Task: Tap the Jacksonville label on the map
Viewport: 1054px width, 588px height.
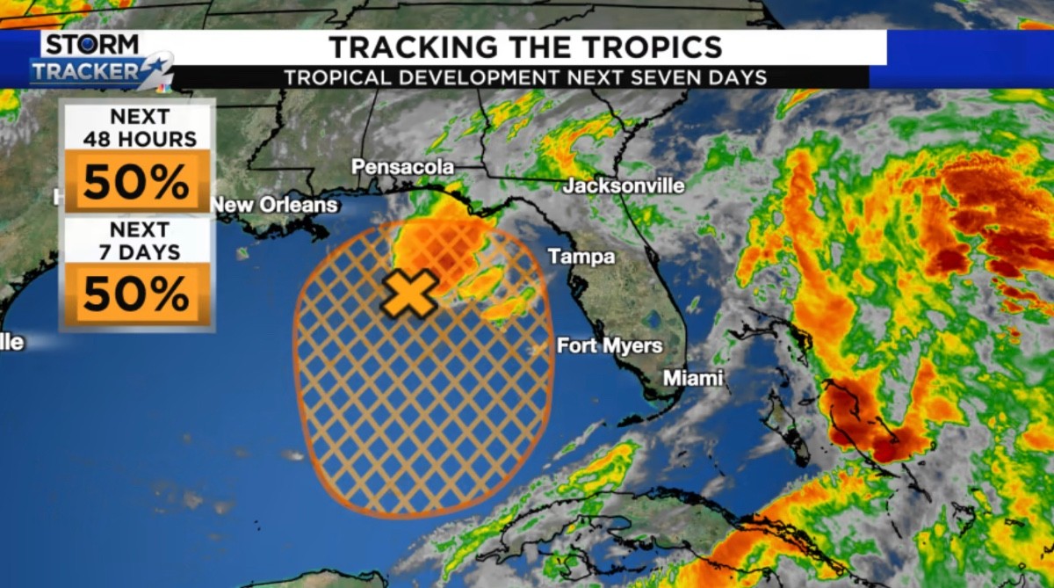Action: click(x=624, y=186)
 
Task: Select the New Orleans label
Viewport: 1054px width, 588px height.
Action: click(x=274, y=205)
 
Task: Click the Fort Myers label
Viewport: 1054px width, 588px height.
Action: click(x=610, y=346)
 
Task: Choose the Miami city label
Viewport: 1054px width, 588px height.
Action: click(x=693, y=378)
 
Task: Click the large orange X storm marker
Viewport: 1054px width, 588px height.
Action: click(x=409, y=294)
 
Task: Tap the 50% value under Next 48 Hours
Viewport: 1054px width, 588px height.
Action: click(x=137, y=182)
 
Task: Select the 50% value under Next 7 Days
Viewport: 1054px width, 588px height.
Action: click(x=137, y=294)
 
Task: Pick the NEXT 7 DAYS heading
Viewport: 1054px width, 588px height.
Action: click(x=137, y=241)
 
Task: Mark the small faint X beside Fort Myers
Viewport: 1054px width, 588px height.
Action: click(x=538, y=350)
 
